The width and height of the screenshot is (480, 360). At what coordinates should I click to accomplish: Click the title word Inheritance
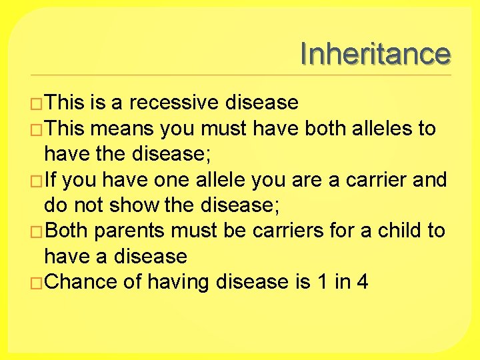point(375,54)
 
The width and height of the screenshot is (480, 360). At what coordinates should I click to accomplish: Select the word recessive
point(174,103)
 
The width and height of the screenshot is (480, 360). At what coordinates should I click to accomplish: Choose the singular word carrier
point(372,180)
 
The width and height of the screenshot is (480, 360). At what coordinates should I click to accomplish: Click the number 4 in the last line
point(362,282)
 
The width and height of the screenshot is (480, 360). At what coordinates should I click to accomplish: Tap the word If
point(53,180)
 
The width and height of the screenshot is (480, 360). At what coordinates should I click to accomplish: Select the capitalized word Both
point(67,231)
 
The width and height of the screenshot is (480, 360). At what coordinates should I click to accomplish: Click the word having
point(177,282)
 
